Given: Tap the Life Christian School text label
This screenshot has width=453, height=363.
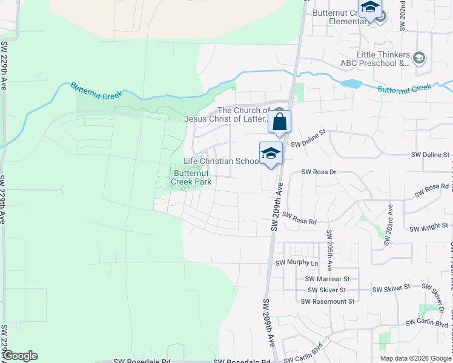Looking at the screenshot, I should click(x=222, y=162).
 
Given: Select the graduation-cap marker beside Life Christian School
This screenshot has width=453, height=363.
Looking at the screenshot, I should click(x=271, y=154).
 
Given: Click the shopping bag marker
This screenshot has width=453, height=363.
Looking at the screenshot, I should click(x=280, y=122).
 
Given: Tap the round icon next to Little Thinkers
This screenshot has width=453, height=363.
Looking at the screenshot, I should click(x=419, y=59).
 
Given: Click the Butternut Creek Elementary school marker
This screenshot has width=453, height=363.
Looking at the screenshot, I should click(x=369, y=8).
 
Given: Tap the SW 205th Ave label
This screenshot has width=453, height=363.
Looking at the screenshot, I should click(x=329, y=250).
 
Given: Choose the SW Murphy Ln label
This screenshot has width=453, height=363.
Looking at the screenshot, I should click(x=297, y=263).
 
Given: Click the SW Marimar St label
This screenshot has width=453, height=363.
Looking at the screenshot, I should click(x=328, y=279).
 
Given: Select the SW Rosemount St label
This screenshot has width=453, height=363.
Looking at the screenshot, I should click(x=327, y=301).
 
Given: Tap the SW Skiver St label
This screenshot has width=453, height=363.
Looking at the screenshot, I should click(x=391, y=289).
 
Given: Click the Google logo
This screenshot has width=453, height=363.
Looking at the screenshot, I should click(x=20, y=356).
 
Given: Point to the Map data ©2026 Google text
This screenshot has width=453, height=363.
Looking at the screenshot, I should click(x=415, y=358).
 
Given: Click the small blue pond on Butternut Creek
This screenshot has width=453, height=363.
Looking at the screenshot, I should click(x=351, y=84).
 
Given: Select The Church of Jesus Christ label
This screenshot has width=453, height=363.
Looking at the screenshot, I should click(x=244, y=114).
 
